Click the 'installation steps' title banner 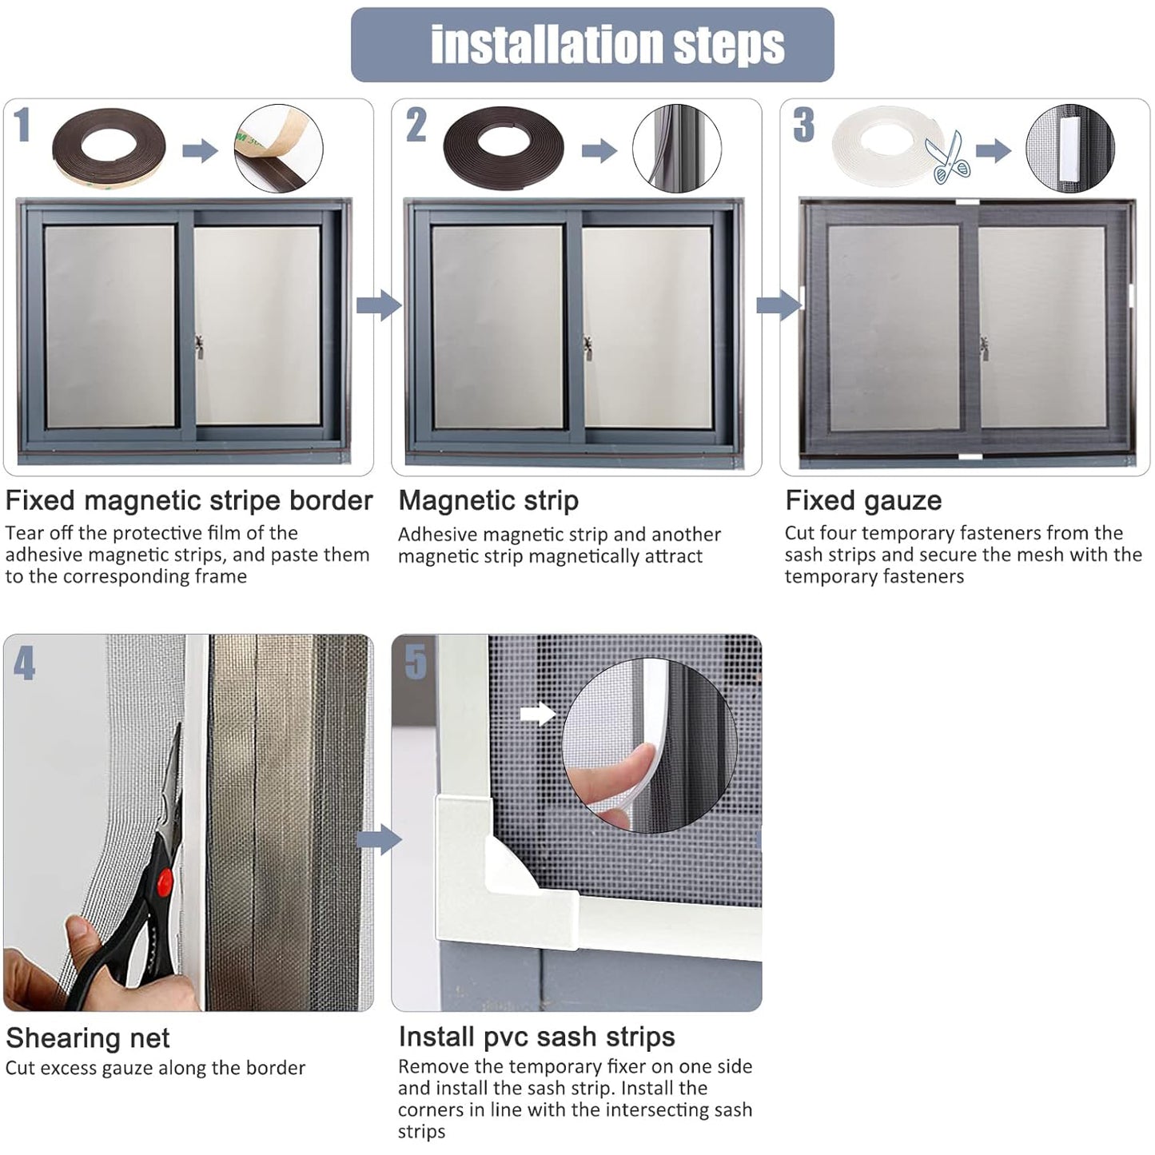(x=592, y=44)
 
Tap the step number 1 (x=22, y=125)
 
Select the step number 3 (x=804, y=125)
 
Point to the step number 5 (x=416, y=662)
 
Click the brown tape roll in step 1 (x=109, y=148)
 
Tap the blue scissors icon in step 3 (x=948, y=157)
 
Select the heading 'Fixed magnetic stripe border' (x=189, y=500)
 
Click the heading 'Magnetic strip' (x=488, y=500)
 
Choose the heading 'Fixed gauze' (x=863, y=500)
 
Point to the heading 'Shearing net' (x=87, y=1038)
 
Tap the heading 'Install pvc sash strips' (x=536, y=1037)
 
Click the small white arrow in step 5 (x=538, y=713)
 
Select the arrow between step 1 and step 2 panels (x=379, y=305)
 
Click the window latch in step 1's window (x=199, y=347)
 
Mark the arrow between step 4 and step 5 (x=379, y=840)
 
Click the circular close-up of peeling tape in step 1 (x=279, y=149)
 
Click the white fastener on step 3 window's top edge (x=967, y=201)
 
